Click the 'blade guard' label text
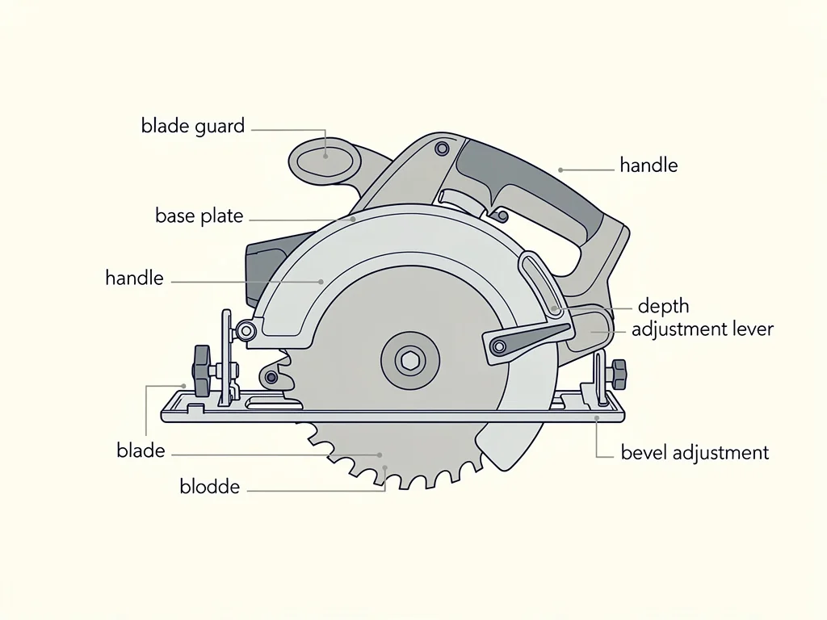click(193, 127)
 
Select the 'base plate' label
click(199, 216)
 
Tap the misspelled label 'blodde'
click(209, 486)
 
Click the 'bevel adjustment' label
click(695, 453)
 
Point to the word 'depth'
click(664, 306)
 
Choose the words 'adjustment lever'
click(702, 329)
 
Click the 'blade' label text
click(141, 450)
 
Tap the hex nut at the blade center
click(409, 361)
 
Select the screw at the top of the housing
click(442, 149)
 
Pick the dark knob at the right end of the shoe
click(619, 375)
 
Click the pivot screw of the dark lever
click(498, 347)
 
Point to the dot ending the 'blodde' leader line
click(385, 467)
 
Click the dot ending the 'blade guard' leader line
click(325, 156)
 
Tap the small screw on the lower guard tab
click(271, 377)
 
